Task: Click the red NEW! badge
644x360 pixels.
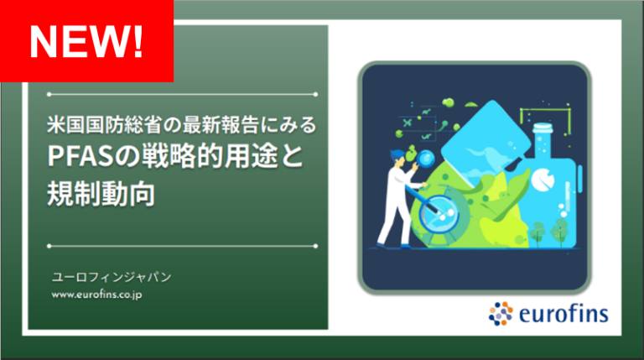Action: coord(86,39)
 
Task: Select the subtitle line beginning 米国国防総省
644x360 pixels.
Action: coord(181,125)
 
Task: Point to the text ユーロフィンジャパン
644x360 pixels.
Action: coord(111,275)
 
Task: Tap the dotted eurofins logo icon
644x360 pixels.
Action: coord(501,313)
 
